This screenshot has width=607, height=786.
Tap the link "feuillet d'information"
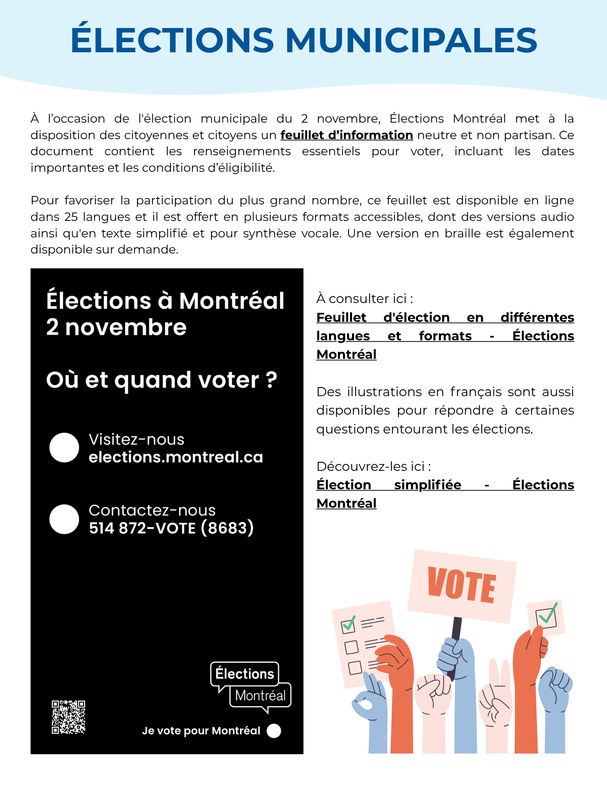pos(347,135)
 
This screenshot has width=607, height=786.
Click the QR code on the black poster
pos(68,717)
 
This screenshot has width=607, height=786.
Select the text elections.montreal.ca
pos(176,457)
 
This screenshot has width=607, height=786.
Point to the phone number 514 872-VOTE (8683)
pos(171,528)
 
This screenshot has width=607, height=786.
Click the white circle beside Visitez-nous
pos(64,448)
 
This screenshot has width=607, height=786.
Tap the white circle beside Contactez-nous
pos(64,519)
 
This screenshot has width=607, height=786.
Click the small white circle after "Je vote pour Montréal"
pos(274,731)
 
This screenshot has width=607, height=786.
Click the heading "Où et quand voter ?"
pos(161,380)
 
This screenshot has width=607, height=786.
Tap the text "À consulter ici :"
pos(365,299)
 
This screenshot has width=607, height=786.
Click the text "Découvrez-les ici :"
pos(374,466)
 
